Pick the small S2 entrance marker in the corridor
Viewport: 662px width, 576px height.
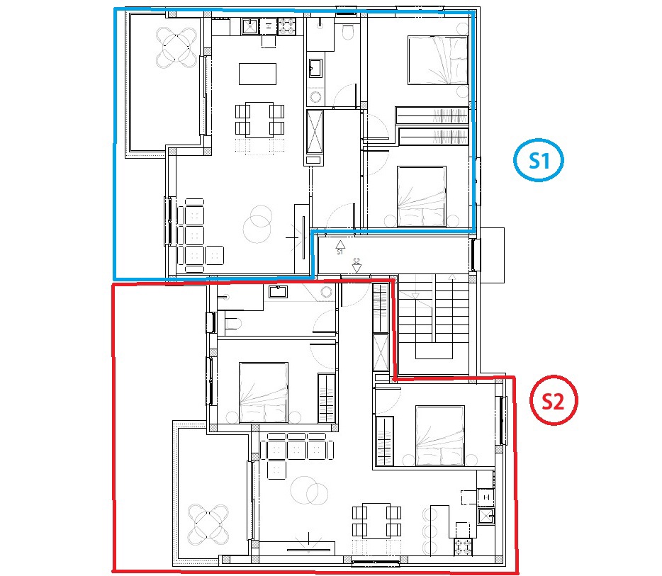point(357,266)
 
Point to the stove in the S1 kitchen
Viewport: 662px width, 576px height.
point(286,27)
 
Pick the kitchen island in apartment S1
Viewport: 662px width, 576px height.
point(258,74)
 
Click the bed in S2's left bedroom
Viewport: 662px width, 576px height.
point(264,391)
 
